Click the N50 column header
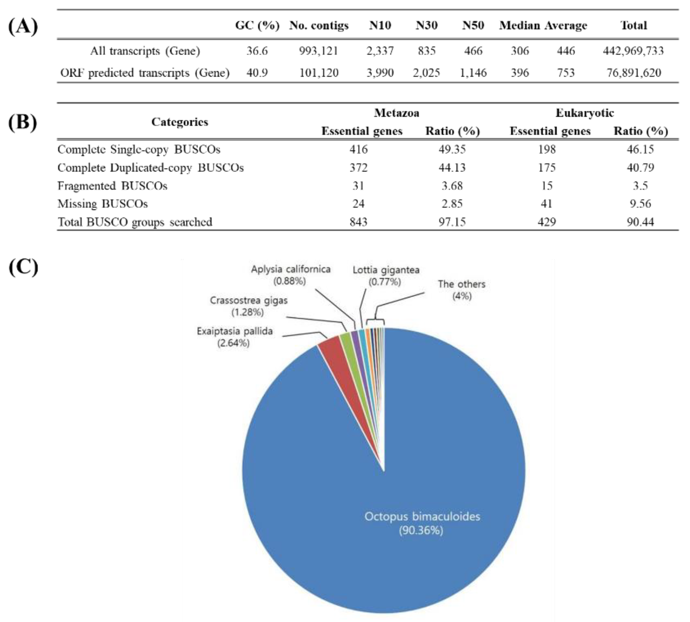tap(473, 25)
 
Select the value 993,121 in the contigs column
tap(319, 51)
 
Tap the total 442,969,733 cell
tap(633, 51)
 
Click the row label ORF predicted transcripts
tap(145, 73)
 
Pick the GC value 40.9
tap(257, 73)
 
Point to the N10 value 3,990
tap(380, 73)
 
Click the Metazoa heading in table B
tap(396, 113)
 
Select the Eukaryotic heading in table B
tap(585, 113)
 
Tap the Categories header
tap(180, 122)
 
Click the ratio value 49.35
tap(452, 149)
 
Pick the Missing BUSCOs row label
tap(102, 204)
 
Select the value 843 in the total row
tap(358, 222)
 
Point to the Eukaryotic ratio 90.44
tap(640, 222)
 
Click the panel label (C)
tap(23, 267)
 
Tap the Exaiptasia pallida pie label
tap(235, 337)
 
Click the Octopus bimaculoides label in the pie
tap(422, 523)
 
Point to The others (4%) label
tap(462, 290)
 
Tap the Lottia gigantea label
tap(386, 275)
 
